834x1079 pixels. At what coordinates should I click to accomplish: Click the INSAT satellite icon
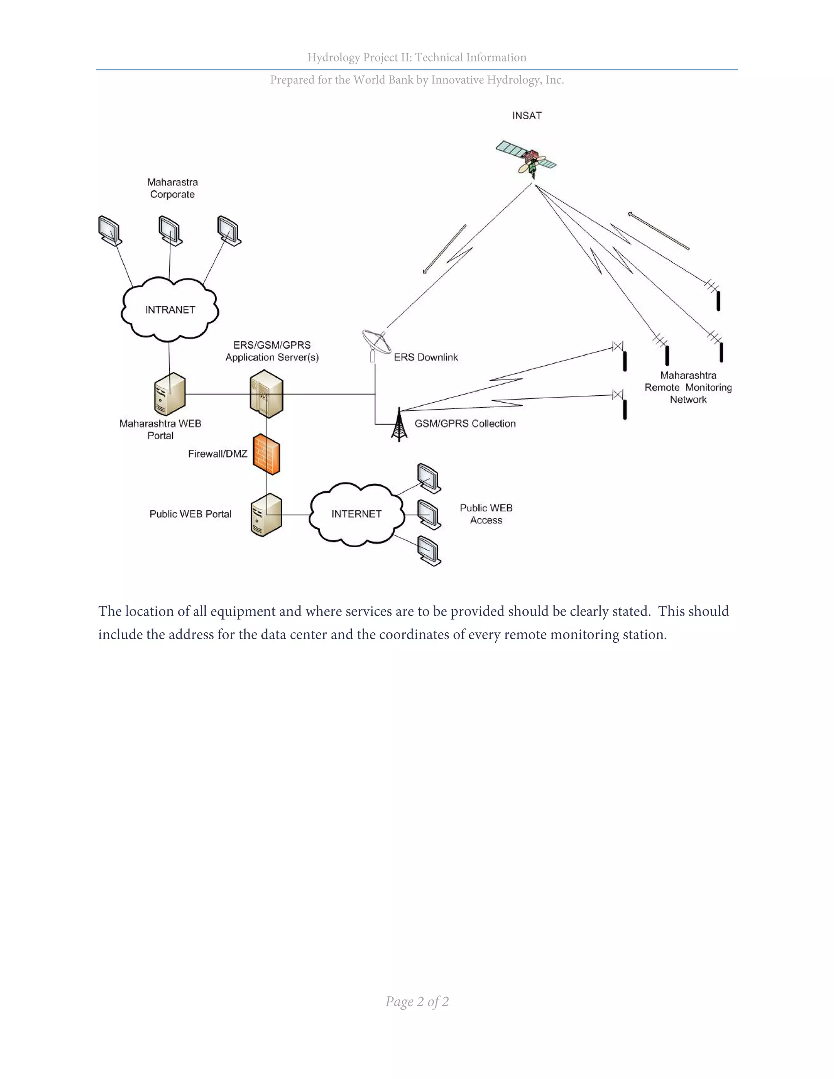tap(527, 158)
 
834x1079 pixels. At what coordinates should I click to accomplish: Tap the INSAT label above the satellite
tap(527, 116)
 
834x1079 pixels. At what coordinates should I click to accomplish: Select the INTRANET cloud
tap(169, 310)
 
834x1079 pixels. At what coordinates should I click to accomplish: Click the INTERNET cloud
tap(356, 514)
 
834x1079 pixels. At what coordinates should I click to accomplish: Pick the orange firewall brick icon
tap(266, 454)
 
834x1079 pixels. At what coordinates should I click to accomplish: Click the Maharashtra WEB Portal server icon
tap(169, 394)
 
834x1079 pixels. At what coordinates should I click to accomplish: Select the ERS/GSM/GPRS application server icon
tap(266, 394)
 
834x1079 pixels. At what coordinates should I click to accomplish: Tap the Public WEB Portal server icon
tap(266, 515)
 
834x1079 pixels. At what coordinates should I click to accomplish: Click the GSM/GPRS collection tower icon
tap(399, 425)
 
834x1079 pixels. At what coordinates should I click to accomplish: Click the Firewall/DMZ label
tap(217, 454)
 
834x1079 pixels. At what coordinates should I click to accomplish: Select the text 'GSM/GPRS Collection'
tap(465, 423)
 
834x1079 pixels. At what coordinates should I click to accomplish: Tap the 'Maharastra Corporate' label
tap(172, 188)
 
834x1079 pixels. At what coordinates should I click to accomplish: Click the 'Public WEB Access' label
tap(486, 514)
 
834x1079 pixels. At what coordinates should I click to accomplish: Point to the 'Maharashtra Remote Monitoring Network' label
tap(688, 387)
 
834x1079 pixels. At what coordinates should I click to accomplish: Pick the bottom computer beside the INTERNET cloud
tap(429, 550)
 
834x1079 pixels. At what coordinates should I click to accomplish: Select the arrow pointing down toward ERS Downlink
tap(444, 249)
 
